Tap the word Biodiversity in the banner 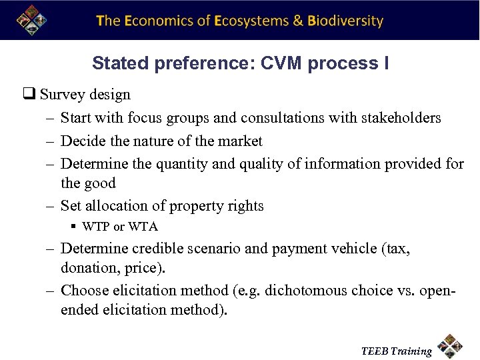345,21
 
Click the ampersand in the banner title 299,21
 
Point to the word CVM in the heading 281,64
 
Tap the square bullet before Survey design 31,95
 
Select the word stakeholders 401,118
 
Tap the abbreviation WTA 143,227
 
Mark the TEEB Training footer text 396,351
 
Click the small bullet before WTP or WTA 74,227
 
